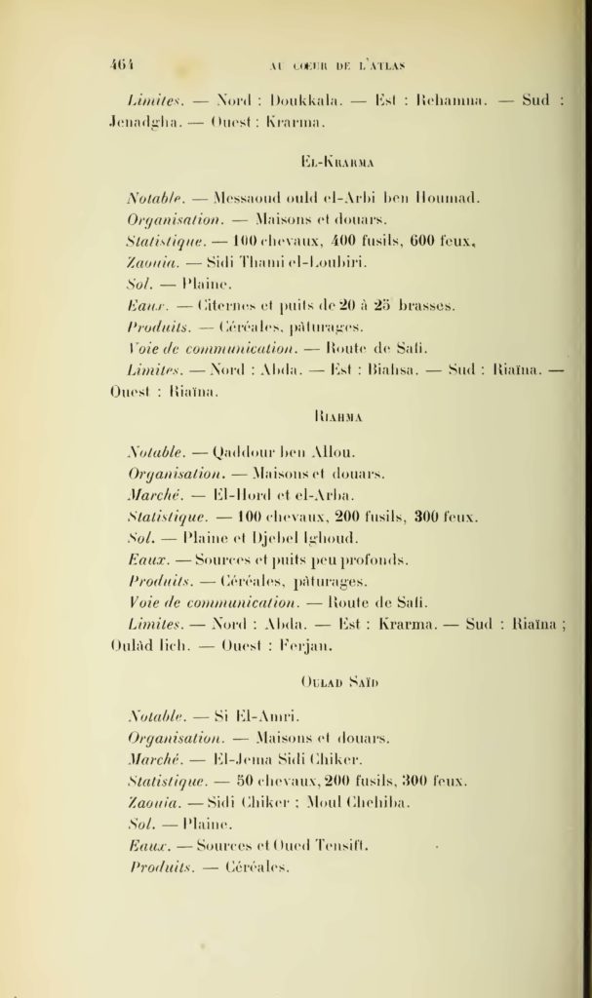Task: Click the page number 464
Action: coord(123,65)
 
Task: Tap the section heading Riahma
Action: coord(339,417)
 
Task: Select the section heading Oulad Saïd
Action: coord(339,681)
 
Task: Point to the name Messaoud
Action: coord(248,197)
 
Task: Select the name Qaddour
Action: coord(243,451)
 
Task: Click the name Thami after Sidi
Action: coord(259,262)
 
